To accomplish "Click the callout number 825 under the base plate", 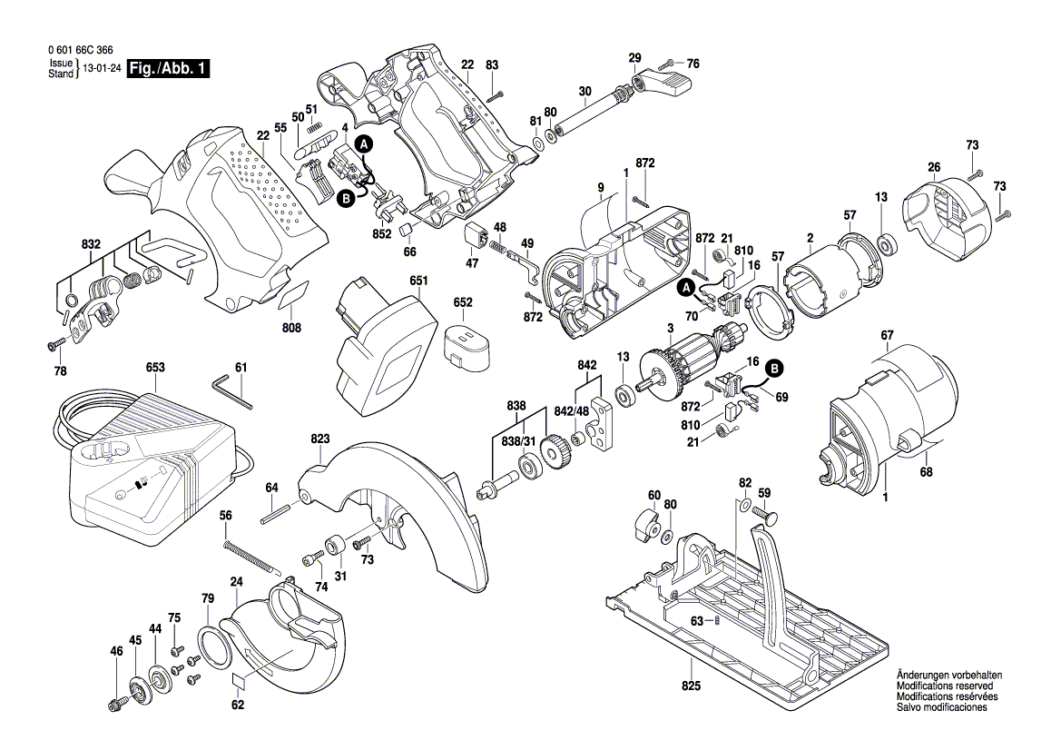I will [693, 686].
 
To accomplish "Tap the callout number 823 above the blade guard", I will [319, 439].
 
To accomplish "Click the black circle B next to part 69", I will [774, 368].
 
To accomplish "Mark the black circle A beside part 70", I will [687, 289].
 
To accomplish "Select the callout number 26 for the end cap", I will [933, 166].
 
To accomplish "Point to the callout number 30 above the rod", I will [585, 92].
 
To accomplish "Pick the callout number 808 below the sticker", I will [290, 328].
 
